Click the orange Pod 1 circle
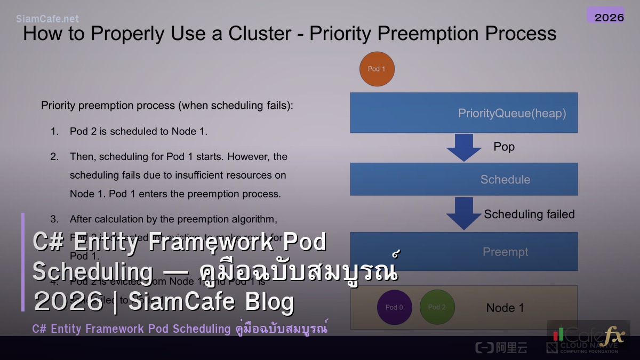click(x=377, y=69)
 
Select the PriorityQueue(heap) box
click(x=463, y=113)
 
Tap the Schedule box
click(x=463, y=179)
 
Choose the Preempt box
click(x=463, y=251)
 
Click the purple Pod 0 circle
click(x=394, y=307)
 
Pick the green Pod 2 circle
click(x=437, y=307)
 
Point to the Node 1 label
click(x=505, y=308)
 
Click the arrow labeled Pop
click(x=463, y=147)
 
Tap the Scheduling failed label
click(x=529, y=214)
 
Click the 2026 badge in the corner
click(x=609, y=17)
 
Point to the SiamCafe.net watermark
click(x=47, y=19)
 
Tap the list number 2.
click(x=54, y=157)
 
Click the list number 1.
click(x=54, y=131)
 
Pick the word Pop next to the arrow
click(x=504, y=147)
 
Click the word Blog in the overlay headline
click(x=270, y=302)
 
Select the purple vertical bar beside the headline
click(x=23, y=262)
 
